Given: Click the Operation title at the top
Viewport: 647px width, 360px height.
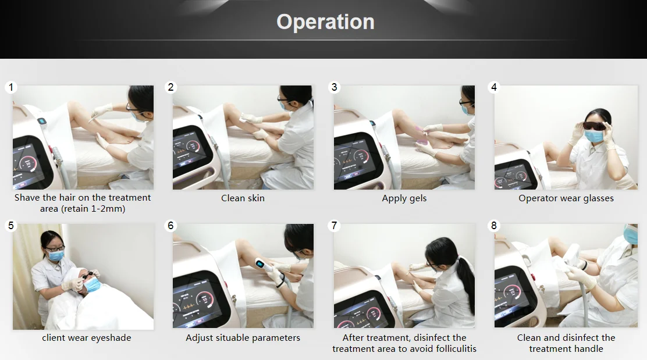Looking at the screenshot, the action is pyautogui.click(x=326, y=22).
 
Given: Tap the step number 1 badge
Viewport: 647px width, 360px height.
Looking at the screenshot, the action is pyautogui.click(x=11, y=87).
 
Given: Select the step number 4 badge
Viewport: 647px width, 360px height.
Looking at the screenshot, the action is pyautogui.click(x=494, y=87).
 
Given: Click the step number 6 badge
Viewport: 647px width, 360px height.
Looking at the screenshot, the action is pyautogui.click(x=171, y=226).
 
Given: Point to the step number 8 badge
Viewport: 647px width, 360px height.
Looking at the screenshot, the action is pyautogui.click(x=494, y=226).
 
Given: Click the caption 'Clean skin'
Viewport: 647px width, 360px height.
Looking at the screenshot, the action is pyautogui.click(x=243, y=198).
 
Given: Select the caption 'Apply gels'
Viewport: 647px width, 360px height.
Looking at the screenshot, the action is pyautogui.click(x=404, y=198).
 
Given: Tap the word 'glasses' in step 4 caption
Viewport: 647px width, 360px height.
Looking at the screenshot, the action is pyautogui.click(x=598, y=198).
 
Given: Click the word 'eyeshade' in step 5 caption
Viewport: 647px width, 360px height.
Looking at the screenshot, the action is pyautogui.click(x=111, y=338).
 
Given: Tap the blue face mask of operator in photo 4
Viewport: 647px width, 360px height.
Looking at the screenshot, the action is pyautogui.click(x=594, y=136).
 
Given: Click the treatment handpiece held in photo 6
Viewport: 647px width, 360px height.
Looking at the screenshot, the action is pyautogui.click(x=271, y=272).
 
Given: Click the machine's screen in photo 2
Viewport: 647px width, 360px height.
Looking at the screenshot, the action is pyautogui.click(x=191, y=148).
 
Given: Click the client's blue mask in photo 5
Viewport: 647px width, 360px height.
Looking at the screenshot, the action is pyautogui.click(x=94, y=284).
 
